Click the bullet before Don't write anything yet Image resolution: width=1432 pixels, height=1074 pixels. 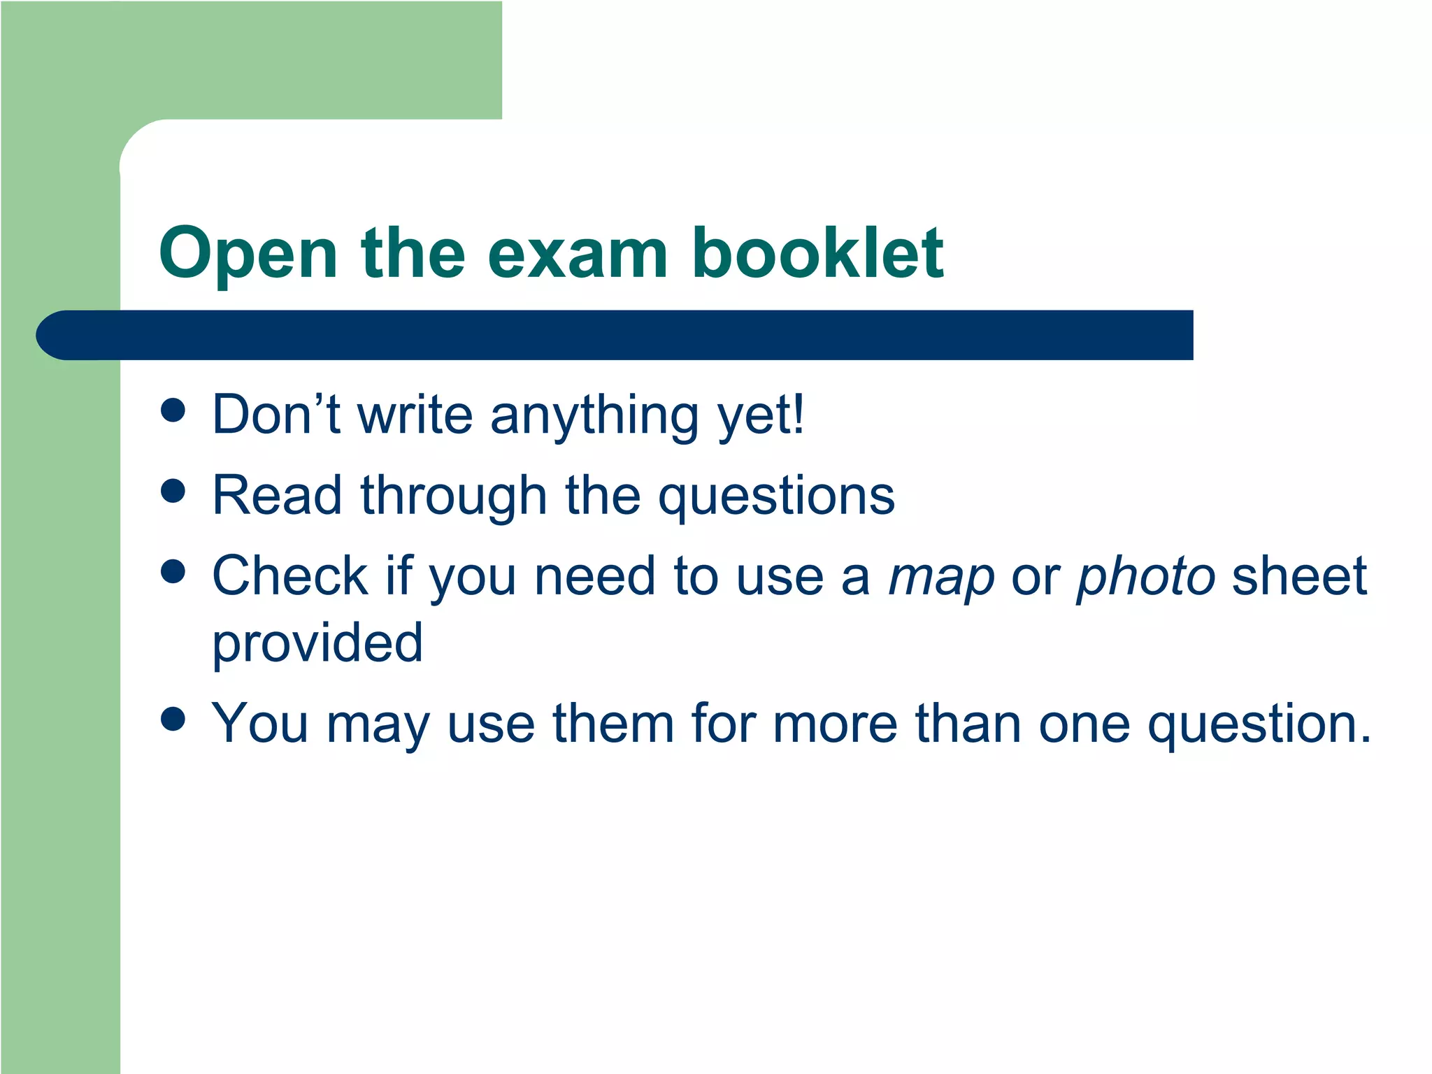[x=173, y=411]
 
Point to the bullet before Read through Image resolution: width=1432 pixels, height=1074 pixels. [x=173, y=491]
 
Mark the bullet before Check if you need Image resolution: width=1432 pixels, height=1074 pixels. [x=173, y=571]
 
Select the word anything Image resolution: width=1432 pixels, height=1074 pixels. [x=594, y=417]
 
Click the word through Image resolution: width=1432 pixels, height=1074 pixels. [x=452, y=496]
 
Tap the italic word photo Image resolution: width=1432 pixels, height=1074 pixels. [x=1145, y=578]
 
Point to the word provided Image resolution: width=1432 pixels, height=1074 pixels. [x=317, y=643]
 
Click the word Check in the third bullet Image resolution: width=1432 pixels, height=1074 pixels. [x=289, y=576]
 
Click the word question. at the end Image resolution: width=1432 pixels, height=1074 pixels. [x=1259, y=726]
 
